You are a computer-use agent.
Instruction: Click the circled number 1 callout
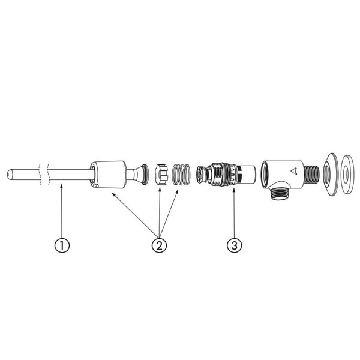62,245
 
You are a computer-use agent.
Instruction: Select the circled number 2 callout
160,245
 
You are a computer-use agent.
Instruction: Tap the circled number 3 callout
234,245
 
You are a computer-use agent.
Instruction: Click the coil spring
181,174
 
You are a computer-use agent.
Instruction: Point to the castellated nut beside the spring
161,174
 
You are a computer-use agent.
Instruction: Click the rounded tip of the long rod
9,175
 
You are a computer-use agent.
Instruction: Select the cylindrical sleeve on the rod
108,175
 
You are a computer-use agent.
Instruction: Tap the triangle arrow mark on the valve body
294,170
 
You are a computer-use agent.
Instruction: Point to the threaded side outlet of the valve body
311,175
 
